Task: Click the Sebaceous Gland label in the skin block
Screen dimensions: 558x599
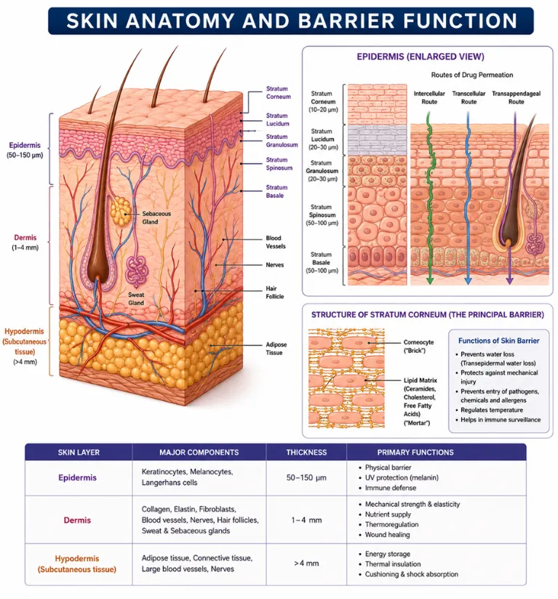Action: click(156, 218)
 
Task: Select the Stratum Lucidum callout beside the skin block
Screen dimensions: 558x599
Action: click(278, 119)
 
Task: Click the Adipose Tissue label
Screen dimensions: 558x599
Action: click(276, 349)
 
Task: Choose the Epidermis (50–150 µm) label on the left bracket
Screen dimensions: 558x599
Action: click(25, 150)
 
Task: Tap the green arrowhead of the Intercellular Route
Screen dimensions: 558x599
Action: click(430, 281)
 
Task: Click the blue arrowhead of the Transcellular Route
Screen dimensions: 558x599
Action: click(469, 281)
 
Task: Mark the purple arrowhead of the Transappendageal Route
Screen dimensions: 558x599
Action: click(509, 281)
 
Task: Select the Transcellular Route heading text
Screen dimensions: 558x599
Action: click(469, 98)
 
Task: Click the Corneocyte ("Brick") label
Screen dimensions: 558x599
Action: click(418, 346)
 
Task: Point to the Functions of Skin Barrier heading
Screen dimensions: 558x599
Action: click(499, 341)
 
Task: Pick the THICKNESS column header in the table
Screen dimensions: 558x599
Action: click(306, 452)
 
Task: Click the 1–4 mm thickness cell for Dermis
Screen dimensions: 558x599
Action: click(306, 520)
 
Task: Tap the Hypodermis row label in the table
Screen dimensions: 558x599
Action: click(77, 564)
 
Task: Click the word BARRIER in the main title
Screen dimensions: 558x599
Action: click(348, 21)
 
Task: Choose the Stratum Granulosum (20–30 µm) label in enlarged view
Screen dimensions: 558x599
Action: click(322, 171)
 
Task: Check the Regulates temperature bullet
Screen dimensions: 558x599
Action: click(489, 410)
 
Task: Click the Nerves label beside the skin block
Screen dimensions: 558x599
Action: click(274, 265)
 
